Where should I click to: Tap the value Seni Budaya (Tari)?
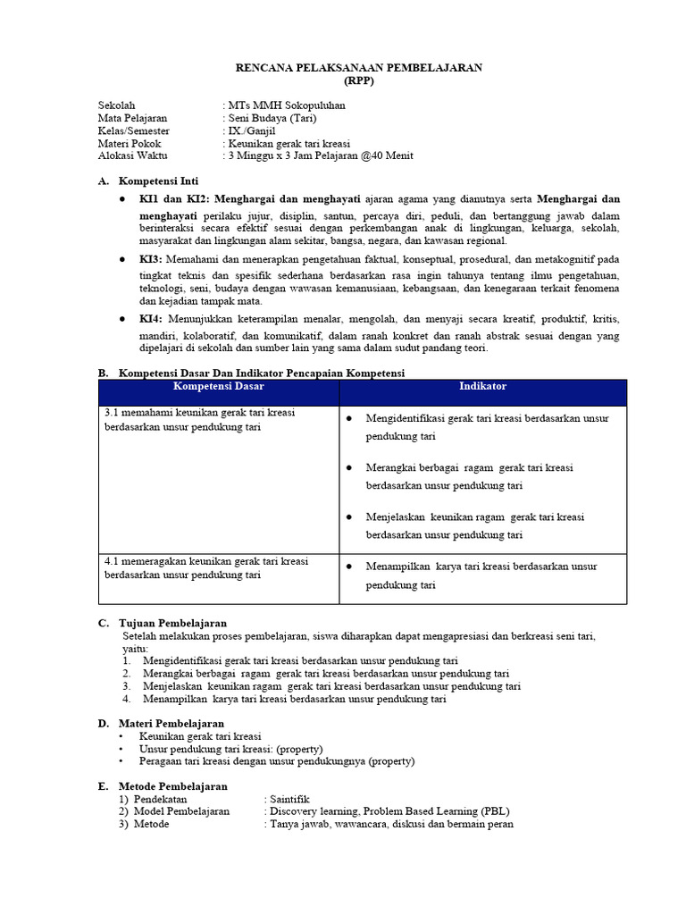click(272, 117)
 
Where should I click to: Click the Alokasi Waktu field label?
click(132, 155)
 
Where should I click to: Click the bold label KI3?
click(151, 259)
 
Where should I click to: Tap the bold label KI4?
click(151, 319)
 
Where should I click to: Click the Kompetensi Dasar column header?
click(218, 387)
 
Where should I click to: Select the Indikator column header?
click(482, 387)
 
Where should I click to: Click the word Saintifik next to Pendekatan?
click(289, 799)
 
